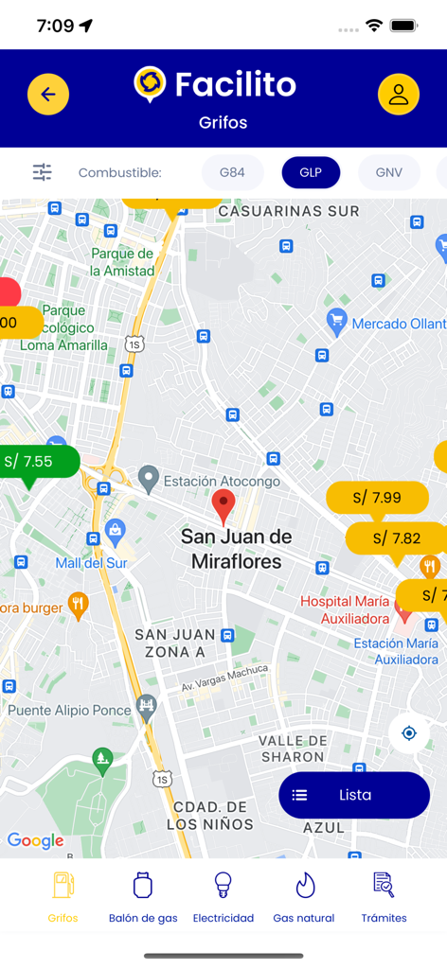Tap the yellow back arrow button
[x=48, y=95]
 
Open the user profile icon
[x=399, y=95]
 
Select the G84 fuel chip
[x=232, y=172]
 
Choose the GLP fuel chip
[x=311, y=172]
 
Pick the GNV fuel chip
[x=388, y=172]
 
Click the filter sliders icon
[x=43, y=172]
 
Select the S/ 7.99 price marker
[x=376, y=497]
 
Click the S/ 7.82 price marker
[x=395, y=537]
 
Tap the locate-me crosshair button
[x=409, y=733]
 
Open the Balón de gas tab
[x=143, y=897]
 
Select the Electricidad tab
[x=223, y=897]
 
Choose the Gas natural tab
[x=304, y=897]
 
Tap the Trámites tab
[x=384, y=897]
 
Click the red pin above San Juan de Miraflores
[x=223, y=505]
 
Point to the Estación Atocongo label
[x=222, y=481]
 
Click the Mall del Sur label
[x=91, y=563]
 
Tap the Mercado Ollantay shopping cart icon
[x=336, y=321]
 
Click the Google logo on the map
[x=35, y=840]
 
